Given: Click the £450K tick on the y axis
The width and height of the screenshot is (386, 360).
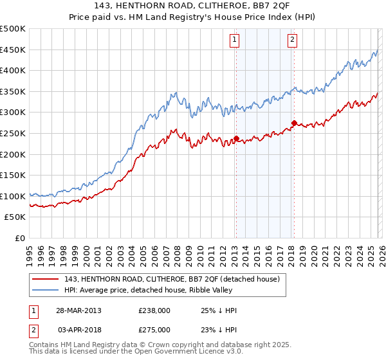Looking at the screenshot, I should [x=13, y=50].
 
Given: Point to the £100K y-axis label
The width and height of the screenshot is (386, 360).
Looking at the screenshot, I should [x=13, y=196].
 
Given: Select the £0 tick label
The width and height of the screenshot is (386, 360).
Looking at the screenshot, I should [x=19, y=238].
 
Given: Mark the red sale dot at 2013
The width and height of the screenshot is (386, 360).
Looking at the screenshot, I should [x=236, y=138].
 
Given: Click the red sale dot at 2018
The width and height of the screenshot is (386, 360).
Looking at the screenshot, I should [x=294, y=123].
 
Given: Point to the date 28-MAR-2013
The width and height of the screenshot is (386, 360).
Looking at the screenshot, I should [x=79, y=310].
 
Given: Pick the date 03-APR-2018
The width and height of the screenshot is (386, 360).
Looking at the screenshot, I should [x=79, y=328].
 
